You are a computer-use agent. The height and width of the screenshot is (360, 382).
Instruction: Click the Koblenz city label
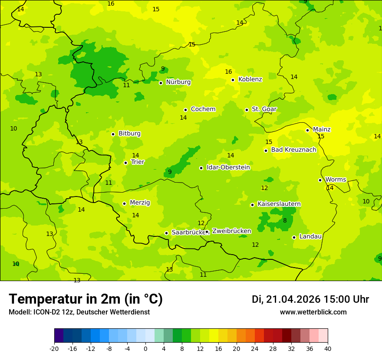click(250, 79)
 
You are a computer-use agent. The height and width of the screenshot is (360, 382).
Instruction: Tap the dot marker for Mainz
click(307, 130)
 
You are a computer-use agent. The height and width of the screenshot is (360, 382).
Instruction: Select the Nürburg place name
click(178, 82)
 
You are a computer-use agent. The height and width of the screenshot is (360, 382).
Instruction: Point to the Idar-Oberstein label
click(228, 167)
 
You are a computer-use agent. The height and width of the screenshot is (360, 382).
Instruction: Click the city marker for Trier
click(125, 163)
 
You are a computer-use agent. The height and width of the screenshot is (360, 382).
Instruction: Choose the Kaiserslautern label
click(279, 204)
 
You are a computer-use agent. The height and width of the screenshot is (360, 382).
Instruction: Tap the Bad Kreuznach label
click(293, 150)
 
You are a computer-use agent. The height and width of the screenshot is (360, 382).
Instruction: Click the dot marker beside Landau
click(294, 237)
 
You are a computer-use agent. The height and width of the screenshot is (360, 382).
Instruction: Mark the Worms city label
click(336, 180)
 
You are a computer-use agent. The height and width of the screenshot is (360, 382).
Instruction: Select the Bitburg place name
click(129, 134)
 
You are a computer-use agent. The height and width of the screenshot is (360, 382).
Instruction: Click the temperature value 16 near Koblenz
click(228, 72)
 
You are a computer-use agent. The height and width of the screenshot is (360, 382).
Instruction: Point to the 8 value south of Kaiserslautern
click(285, 220)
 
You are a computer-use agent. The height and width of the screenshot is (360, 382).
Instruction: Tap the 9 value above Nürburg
click(163, 69)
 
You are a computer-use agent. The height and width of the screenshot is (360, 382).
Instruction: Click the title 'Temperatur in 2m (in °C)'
click(86, 299)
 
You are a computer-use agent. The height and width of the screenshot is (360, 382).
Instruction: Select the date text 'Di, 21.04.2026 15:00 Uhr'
click(310, 299)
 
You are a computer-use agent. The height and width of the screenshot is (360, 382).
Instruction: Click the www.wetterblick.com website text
click(313, 312)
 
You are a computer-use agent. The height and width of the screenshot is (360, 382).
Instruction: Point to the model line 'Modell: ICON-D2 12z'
click(79, 312)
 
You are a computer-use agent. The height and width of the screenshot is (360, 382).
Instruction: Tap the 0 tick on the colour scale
click(145, 348)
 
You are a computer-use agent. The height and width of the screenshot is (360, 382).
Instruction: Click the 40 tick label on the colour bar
click(327, 348)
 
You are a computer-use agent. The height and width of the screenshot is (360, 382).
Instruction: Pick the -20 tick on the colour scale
click(54, 348)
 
